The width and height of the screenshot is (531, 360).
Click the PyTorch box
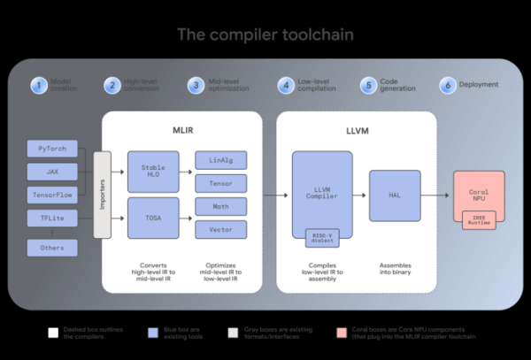(x=52, y=148)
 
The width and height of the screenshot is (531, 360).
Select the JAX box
(x=52, y=171)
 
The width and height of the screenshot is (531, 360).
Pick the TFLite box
(x=52, y=218)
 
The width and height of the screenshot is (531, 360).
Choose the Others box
(x=52, y=248)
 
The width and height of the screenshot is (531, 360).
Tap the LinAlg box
(x=220, y=159)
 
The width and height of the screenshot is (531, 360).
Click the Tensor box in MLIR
(x=220, y=183)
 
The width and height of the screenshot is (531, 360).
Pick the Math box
(x=220, y=207)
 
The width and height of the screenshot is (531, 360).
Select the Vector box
(x=220, y=229)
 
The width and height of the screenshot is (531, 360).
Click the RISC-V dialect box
(x=323, y=236)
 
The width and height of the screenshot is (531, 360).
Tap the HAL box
(x=395, y=195)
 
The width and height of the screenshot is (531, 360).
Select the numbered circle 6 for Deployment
(x=449, y=86)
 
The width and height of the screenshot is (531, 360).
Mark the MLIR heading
(x=183, y=130)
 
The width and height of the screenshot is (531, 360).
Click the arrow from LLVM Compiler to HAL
(x=358, y=195)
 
